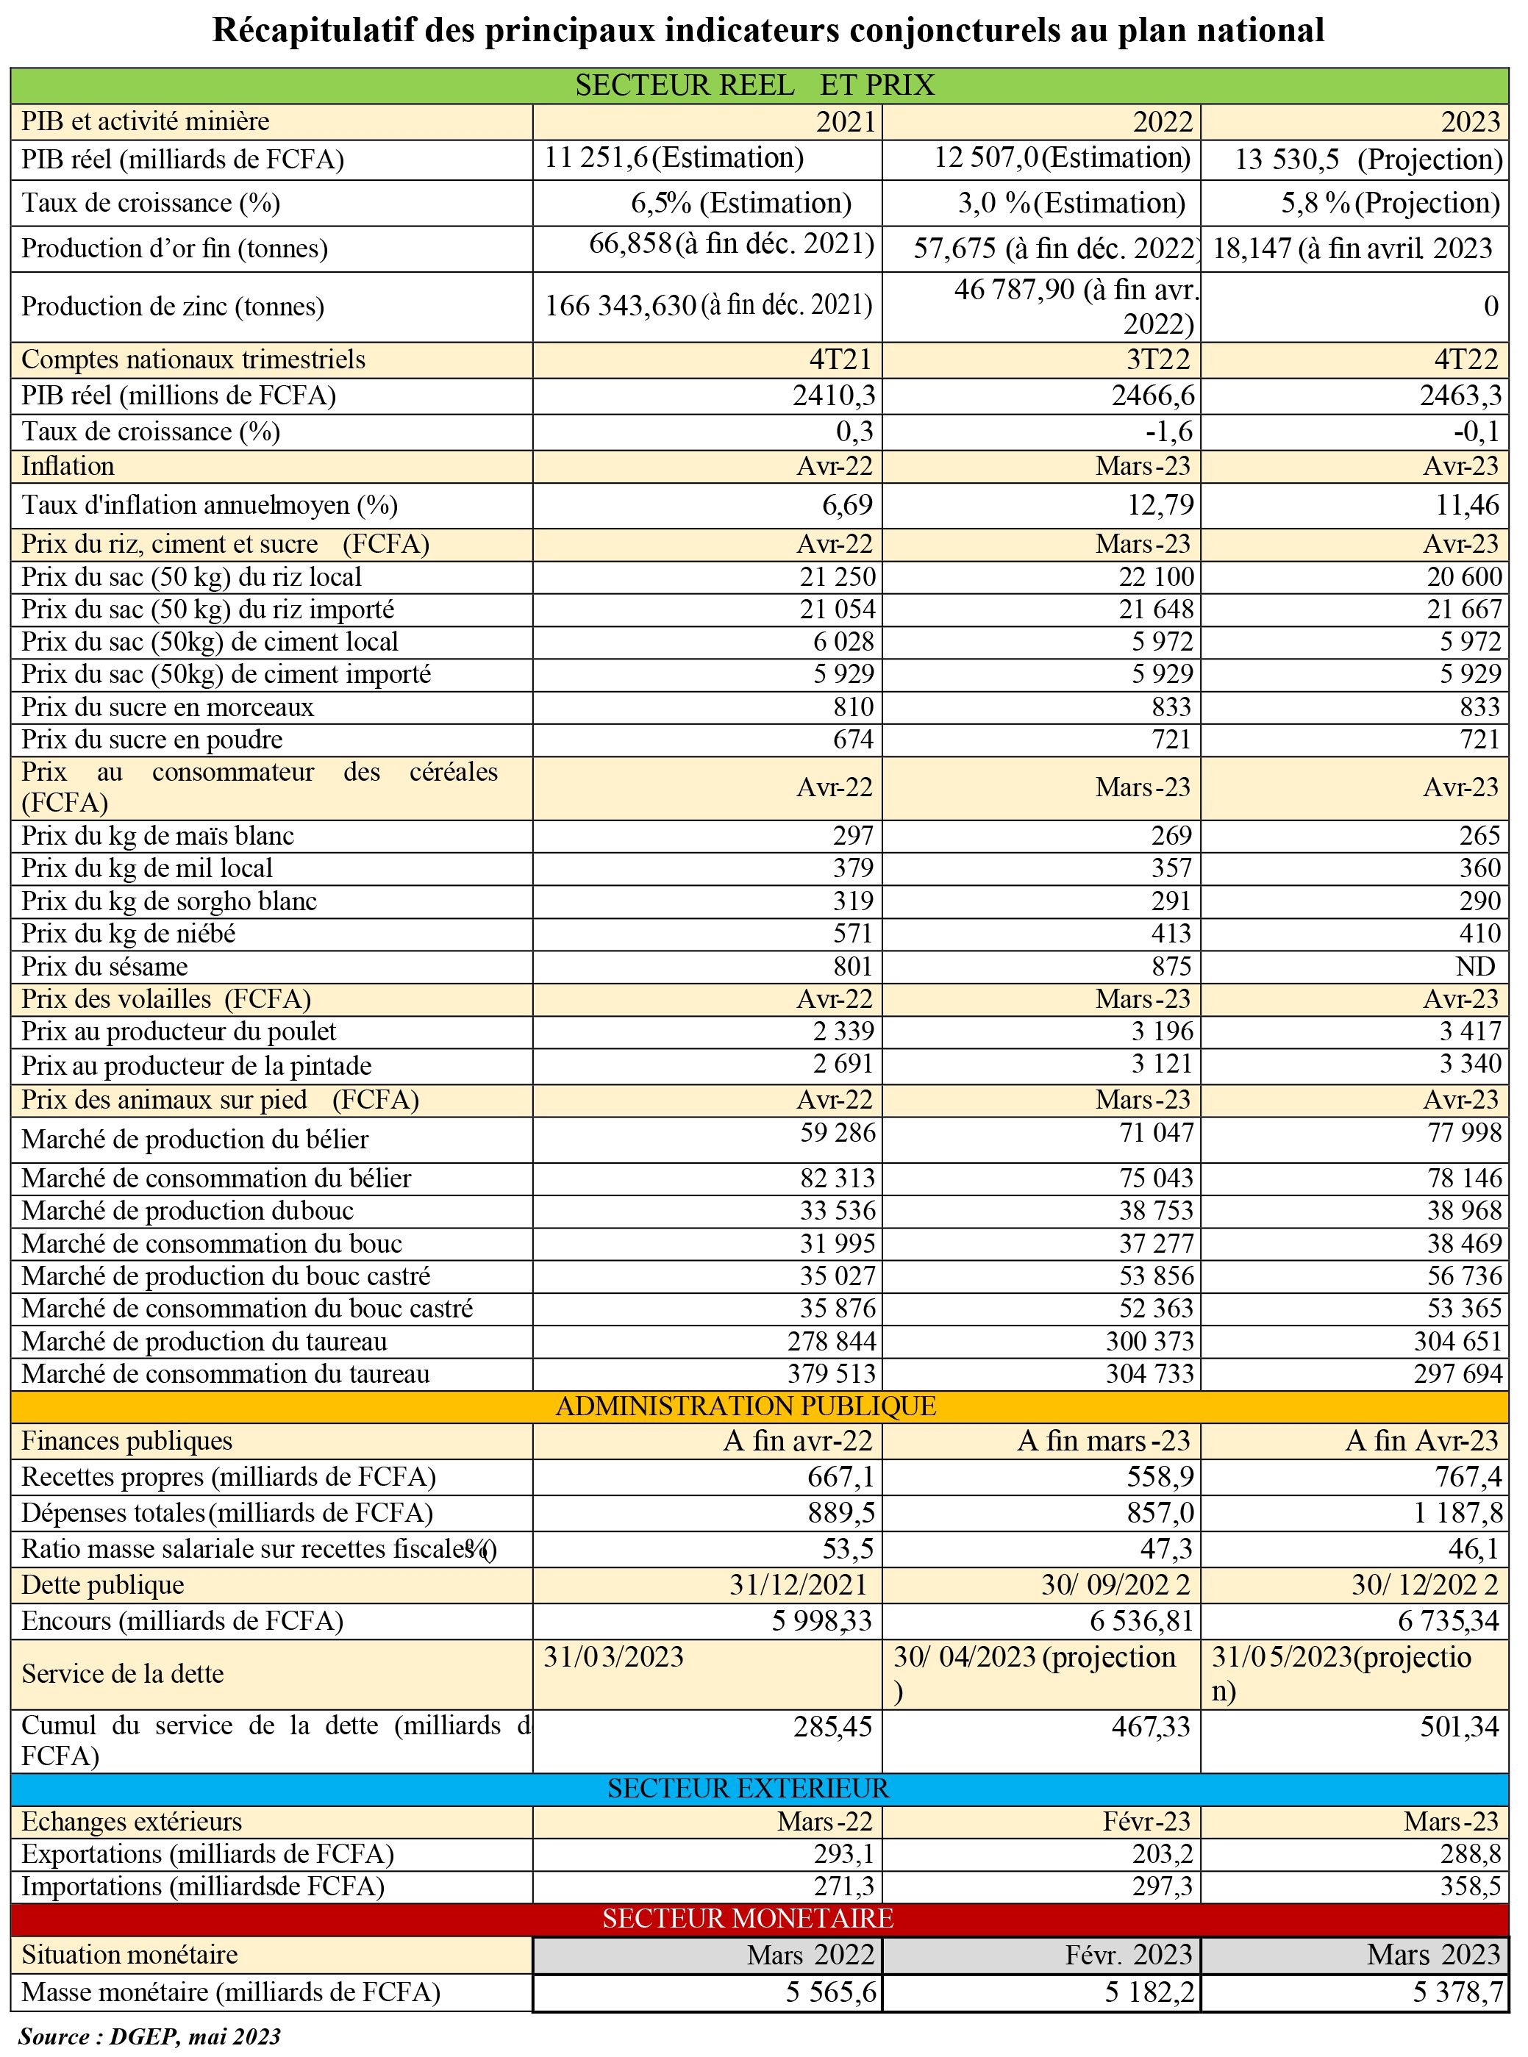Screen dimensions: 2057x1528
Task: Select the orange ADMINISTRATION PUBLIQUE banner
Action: (746, 1406)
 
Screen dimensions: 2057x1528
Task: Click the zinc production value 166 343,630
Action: (620, 306)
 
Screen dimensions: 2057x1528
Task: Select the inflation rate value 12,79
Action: (1165, 505)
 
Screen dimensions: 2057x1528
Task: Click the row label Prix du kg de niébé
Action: (129, 934)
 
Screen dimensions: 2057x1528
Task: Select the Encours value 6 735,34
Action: (1448, 1622)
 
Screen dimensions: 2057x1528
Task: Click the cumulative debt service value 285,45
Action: (832, 1727)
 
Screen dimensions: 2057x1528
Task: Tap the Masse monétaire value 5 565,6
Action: (831, 1992)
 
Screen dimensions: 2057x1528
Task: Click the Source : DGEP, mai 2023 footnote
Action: (150, 2036)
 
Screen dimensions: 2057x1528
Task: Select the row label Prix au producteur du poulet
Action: (179, 1031)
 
